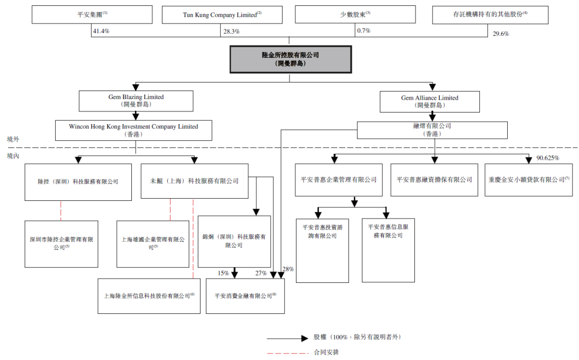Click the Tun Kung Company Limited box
pos(222,15)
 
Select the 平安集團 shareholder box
pos(92,15)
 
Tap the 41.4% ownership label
pos(101,32)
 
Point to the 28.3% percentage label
pos(232,32)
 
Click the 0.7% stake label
pos(363,31)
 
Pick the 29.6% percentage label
pos(501,34)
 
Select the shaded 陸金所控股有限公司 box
pos(291,59)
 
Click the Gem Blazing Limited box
pos(136,101)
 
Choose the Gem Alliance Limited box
pos(430,102)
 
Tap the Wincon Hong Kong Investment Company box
pos(133,130)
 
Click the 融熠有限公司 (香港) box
pos(432,130)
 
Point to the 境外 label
pos(13,139)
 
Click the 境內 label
pos(13,156)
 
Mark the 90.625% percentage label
pos(547,158)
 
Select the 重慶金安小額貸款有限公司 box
pos(529,180)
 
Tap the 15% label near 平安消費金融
pos(223,273)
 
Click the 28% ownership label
pos(288,269)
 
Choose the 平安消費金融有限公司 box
pos(245,296)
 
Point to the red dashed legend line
pos(288,354)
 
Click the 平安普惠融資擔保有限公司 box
pos(434,180)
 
